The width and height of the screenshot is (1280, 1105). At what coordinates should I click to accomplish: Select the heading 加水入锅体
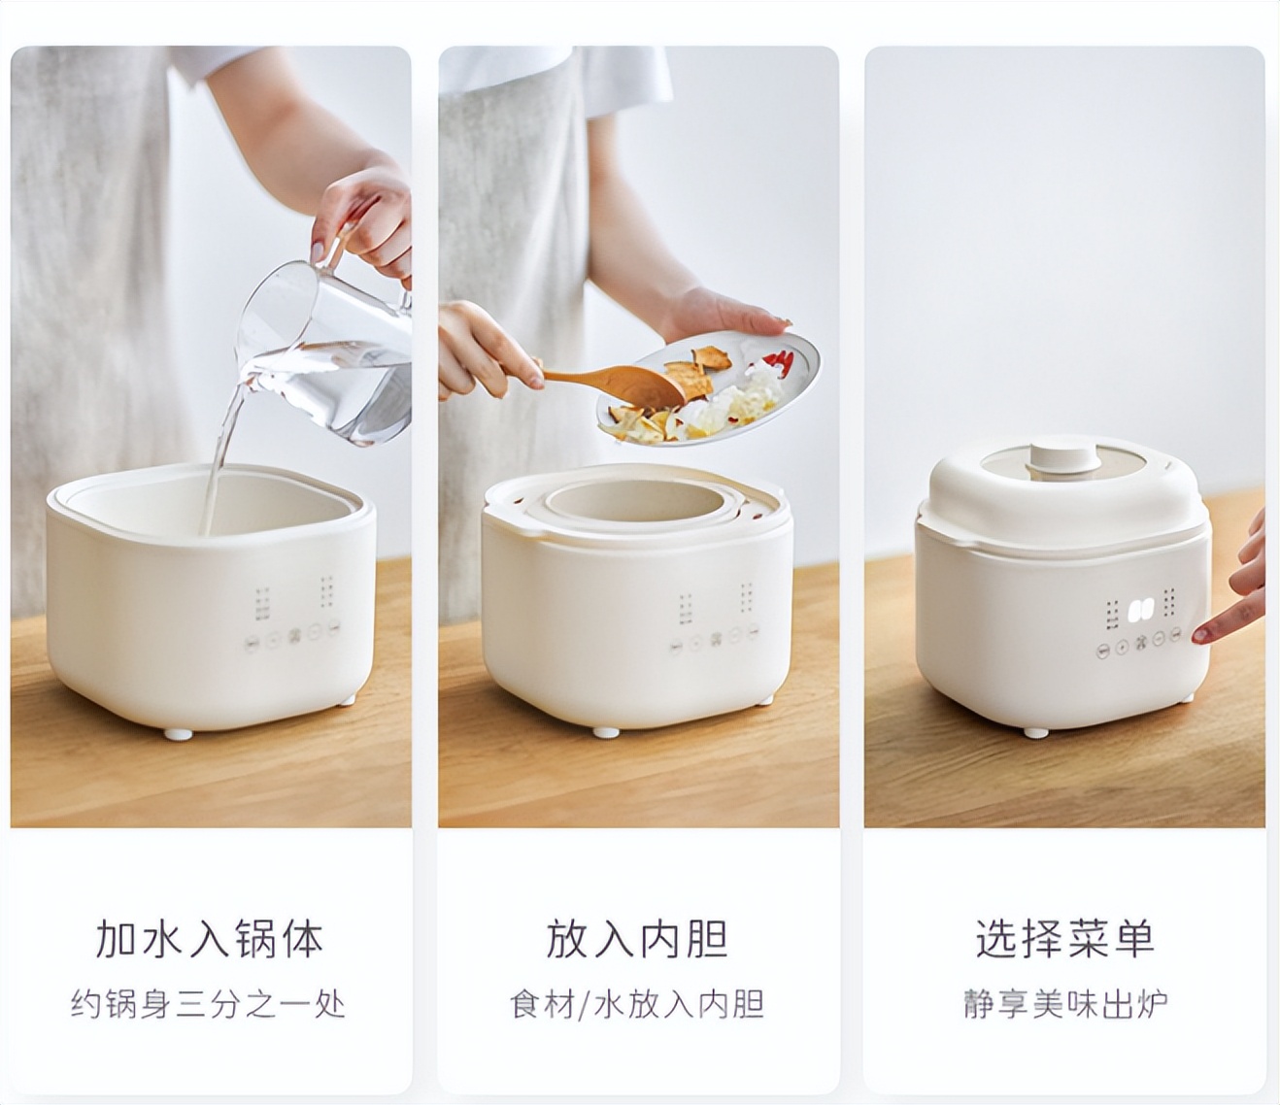(x=210, y=939)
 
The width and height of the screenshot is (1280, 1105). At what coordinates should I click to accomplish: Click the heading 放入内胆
(x=637, y=939)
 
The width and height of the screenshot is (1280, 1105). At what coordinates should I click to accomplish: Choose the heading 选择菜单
(x=1064, y=939)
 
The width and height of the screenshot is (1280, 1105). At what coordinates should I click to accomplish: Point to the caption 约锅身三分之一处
(x=208, y=1003)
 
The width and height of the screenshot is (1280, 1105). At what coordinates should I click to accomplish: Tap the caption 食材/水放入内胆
(x=637, y=1003)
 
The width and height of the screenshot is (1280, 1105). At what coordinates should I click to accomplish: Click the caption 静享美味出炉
(x=1064, y=1003)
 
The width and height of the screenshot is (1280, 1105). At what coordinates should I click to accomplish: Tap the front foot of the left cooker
(x=176, y=734)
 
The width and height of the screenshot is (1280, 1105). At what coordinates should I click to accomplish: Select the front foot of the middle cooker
(x=605, y=732)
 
